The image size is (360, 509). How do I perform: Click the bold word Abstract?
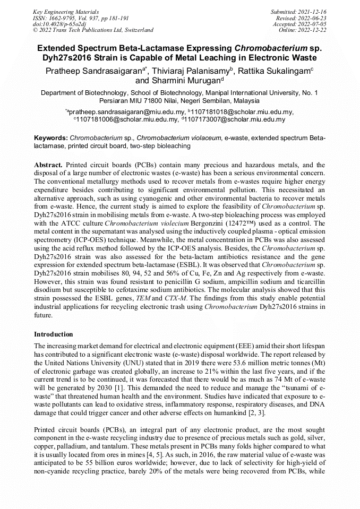pyautogui.click(x=49, y=166)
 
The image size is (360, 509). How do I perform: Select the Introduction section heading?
pyautogui.click(x=54, y=335)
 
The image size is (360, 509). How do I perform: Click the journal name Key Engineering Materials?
pyautogui.click(x=65, y=11)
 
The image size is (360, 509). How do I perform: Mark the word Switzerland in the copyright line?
pyautogui.click(x=136, y=30)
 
